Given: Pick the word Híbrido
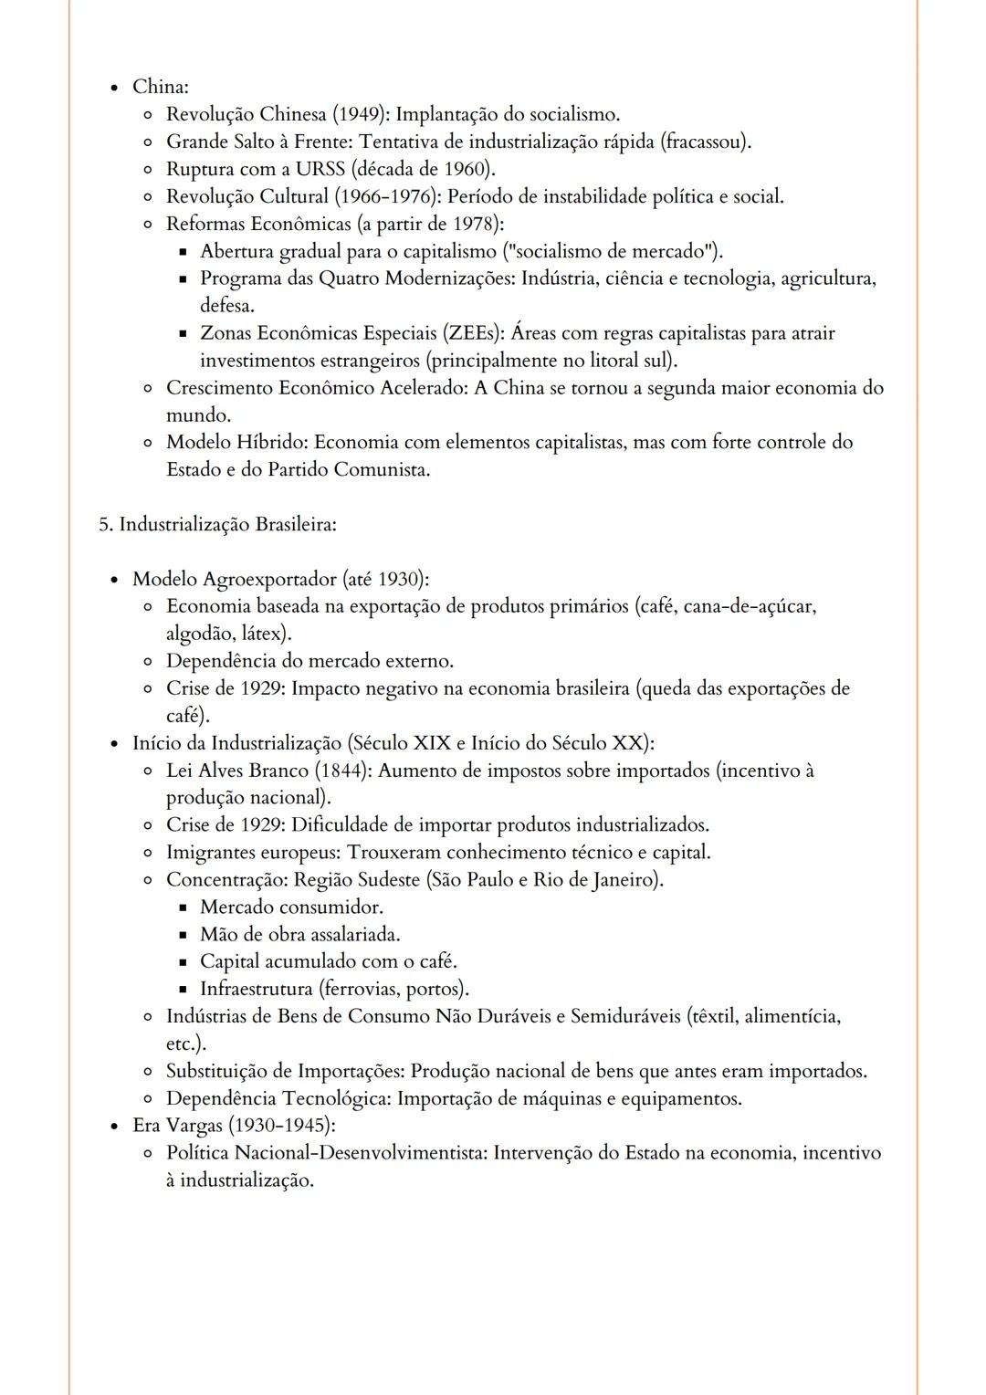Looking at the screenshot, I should tap(271, 443).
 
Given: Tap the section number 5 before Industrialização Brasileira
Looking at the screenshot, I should tap(104, 525).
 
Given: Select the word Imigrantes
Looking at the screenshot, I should tap(210, 853).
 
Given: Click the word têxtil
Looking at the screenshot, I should tap(714, 1016).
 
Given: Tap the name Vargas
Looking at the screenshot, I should tap(194, 1126).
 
